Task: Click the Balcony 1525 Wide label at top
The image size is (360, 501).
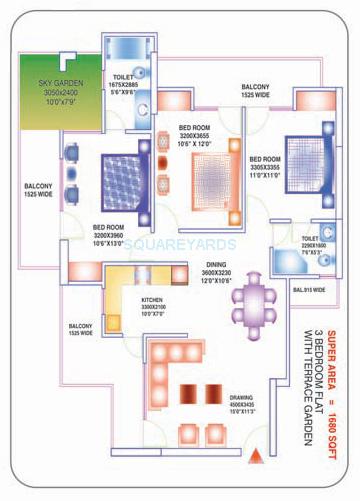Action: [x=254, y=93]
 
